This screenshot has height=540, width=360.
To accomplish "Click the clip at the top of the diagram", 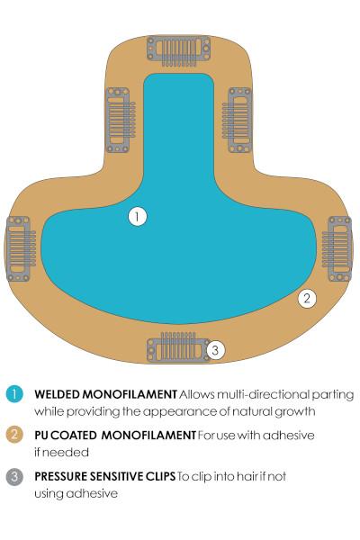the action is tap(178, 50).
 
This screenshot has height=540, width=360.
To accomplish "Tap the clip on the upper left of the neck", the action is tap(121, 120).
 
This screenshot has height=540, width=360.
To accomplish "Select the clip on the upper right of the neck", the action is tap(237, 120).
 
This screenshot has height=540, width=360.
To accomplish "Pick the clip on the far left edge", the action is tap(21, 248).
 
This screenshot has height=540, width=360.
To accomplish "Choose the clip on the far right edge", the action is tap(337, 248).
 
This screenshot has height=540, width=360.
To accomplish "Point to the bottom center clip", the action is tap(178, 347).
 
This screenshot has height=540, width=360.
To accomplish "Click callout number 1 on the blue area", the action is tap(138, 217).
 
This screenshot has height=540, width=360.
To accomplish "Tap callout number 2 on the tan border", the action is tap(307, 298).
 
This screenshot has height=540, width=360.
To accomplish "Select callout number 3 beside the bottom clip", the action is tap(216, 350).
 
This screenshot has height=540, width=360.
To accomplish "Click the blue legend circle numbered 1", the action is tap(14, 394).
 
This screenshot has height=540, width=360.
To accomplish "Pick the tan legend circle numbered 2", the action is tap(14, 435).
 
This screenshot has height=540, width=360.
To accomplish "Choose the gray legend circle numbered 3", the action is tap(14, 477).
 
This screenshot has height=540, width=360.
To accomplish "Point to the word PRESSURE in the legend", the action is tap(61, 477).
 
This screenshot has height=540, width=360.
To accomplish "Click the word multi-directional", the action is tap(263, 395).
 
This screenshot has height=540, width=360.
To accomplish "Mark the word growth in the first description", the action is tap(295, 412).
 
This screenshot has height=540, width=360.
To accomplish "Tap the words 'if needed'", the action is tap(62, 452).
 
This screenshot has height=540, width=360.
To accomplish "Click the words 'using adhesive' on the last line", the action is tap(76, 494).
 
